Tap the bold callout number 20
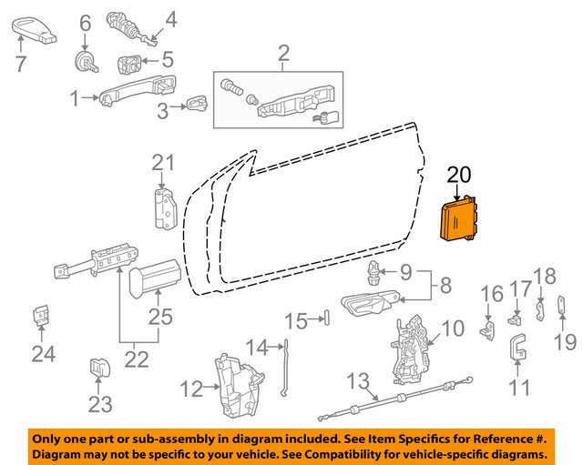click(460, 174)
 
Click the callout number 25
click(160, 318)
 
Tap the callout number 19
click(567, 342)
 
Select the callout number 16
click(491, 294)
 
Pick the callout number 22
click(137, 359)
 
